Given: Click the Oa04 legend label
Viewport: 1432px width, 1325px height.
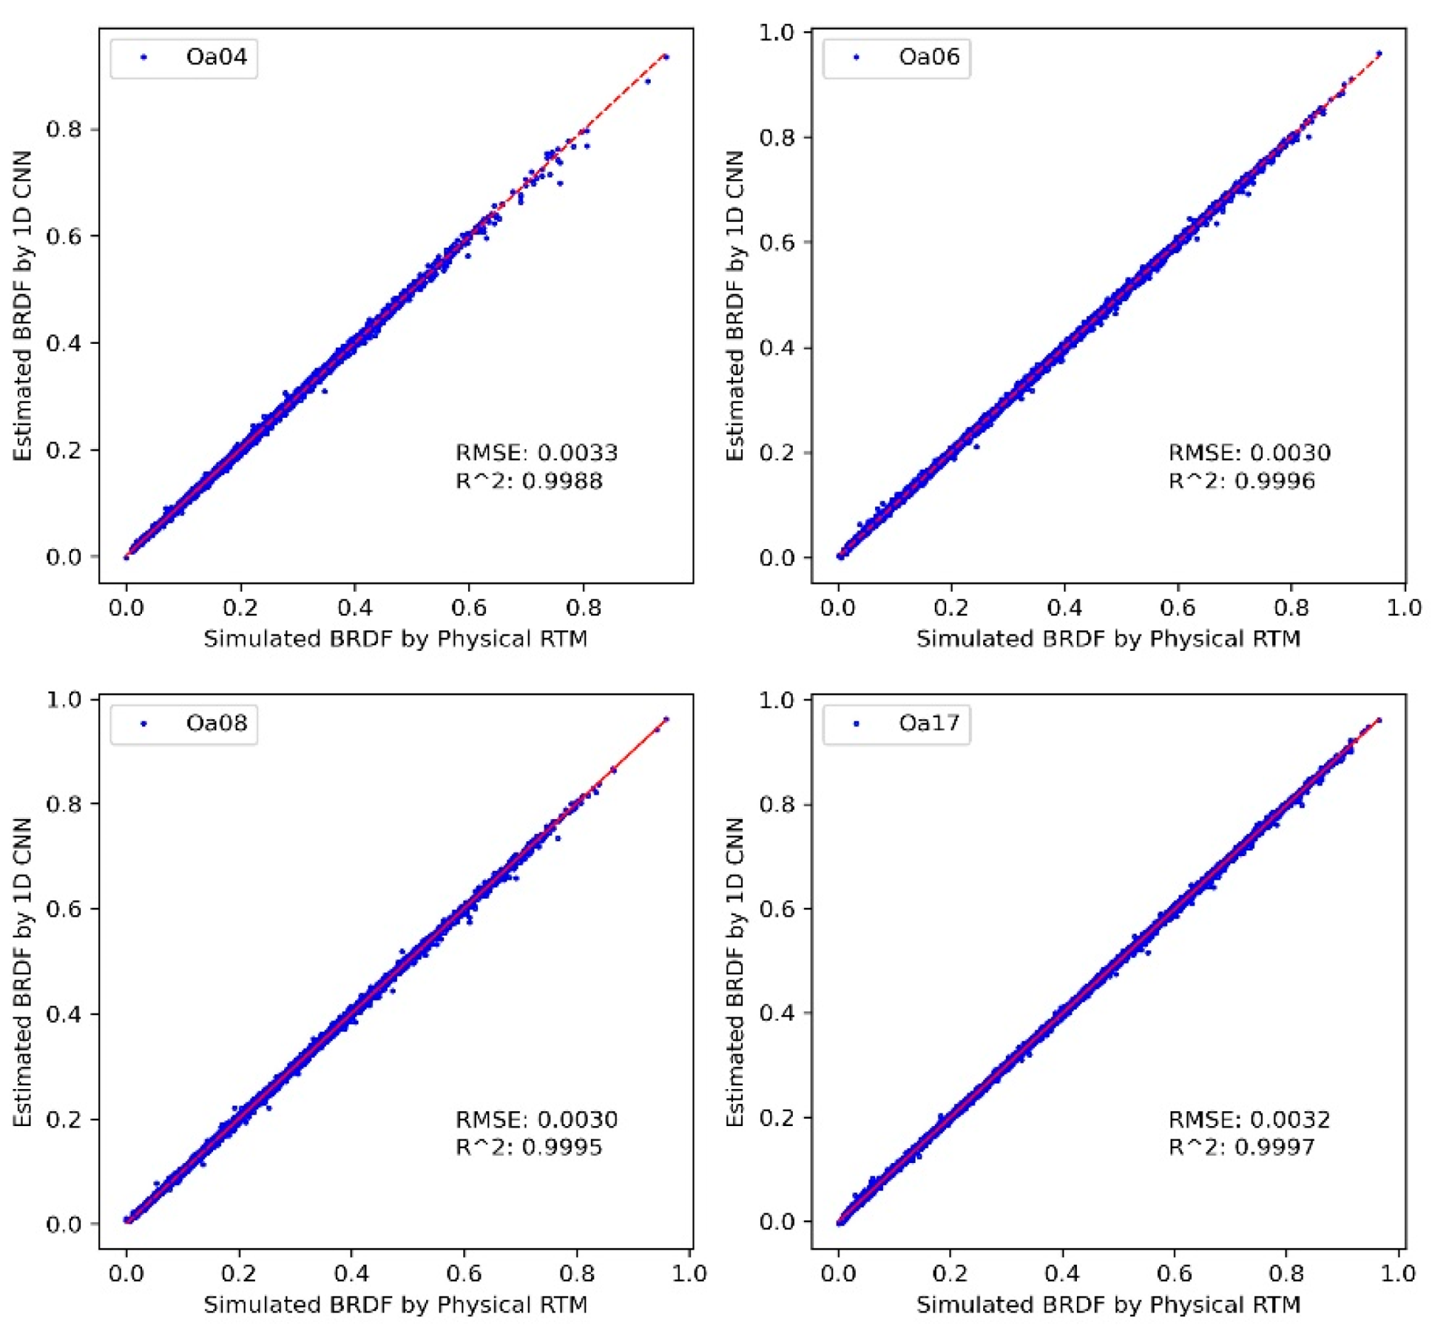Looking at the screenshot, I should coord(216,57).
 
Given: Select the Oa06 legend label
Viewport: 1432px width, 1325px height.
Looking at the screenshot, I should coord(929,57).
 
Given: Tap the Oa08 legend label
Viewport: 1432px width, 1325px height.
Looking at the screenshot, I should coord(216,723).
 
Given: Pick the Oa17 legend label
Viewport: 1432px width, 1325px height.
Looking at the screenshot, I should coord(929,723).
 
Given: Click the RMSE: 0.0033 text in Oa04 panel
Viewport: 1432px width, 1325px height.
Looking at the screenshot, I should coord(536,453).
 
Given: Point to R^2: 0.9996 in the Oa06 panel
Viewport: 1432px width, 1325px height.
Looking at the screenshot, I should coord(1242,481).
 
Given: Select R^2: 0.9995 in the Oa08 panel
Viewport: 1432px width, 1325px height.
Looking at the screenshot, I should coord(529,1147).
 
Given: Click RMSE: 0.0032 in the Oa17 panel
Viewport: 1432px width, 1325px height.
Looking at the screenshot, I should coord(1249,1120).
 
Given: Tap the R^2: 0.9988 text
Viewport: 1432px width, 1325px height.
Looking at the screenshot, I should coord(529,481).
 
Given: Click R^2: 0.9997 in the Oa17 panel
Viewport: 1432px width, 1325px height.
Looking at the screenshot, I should coord(1242,1147).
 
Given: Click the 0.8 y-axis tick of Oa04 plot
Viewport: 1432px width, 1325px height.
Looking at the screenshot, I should coord(63,130).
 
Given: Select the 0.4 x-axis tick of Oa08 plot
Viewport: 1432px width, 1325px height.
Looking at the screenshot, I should coord(351,1274).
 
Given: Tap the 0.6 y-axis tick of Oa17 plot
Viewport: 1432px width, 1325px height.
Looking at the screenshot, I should coord(777,909).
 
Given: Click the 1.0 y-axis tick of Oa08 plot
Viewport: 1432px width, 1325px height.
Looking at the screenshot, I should coord(63,700).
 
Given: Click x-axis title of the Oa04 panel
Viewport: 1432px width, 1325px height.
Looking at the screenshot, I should coord(396,639).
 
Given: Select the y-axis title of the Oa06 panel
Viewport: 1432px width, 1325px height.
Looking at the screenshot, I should coord(735,306).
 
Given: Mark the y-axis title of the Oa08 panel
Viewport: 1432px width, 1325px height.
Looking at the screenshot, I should coord(22,972).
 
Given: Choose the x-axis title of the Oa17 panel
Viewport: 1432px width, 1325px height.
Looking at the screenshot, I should coord(1108,1305).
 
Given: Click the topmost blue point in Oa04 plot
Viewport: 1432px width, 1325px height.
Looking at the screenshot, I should coord(666,57).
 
